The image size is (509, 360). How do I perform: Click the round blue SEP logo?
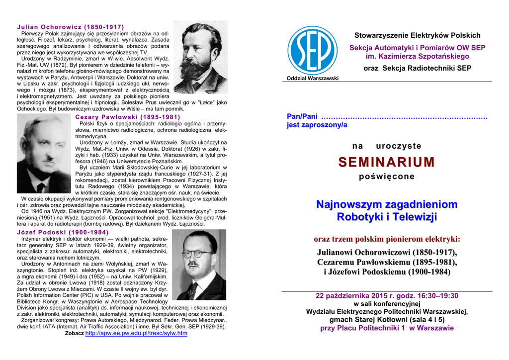pos(313,50)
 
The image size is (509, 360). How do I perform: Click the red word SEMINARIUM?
pos(386,162)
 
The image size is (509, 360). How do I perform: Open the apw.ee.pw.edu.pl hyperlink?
pos(136,333)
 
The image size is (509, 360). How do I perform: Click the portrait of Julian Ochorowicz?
pos(200,57)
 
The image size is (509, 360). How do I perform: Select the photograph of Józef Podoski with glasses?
pos(199,266)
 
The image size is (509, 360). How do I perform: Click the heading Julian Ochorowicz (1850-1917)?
pos(70,26)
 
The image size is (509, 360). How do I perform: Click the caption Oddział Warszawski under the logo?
pos(313,79)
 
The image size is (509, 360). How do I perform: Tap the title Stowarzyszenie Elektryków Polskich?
pos(417,35)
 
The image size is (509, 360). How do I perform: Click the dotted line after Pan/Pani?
pos(405,116)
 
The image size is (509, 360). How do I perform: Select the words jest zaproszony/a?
pos(317,125)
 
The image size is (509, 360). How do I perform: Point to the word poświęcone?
pos(386,177)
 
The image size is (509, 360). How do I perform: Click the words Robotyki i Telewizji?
pos(386,217)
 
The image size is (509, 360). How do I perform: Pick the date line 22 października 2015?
pos(387,296)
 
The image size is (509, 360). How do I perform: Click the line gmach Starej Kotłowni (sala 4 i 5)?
pos(387,320)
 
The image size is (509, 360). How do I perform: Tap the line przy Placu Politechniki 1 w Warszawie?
pos(387,328)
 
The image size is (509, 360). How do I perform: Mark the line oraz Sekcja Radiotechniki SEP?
pos(417,68)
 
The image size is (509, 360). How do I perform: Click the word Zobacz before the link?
pos(74,334)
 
